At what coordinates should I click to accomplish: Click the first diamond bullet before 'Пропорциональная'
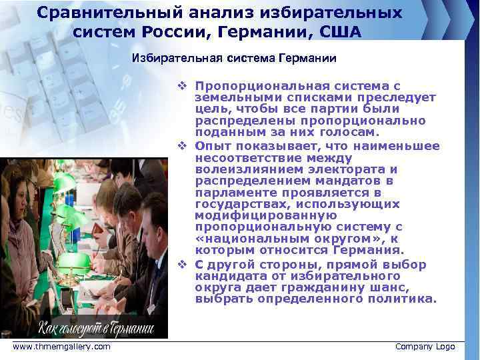click(x=181, y=86)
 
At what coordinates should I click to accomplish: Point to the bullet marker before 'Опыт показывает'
click(x=181, y=146)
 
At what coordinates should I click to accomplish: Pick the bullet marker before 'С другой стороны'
click(x=181, y=264)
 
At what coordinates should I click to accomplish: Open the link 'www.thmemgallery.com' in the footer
click(x=61, y=347)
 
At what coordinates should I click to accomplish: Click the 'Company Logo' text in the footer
click(x=425, y=347)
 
